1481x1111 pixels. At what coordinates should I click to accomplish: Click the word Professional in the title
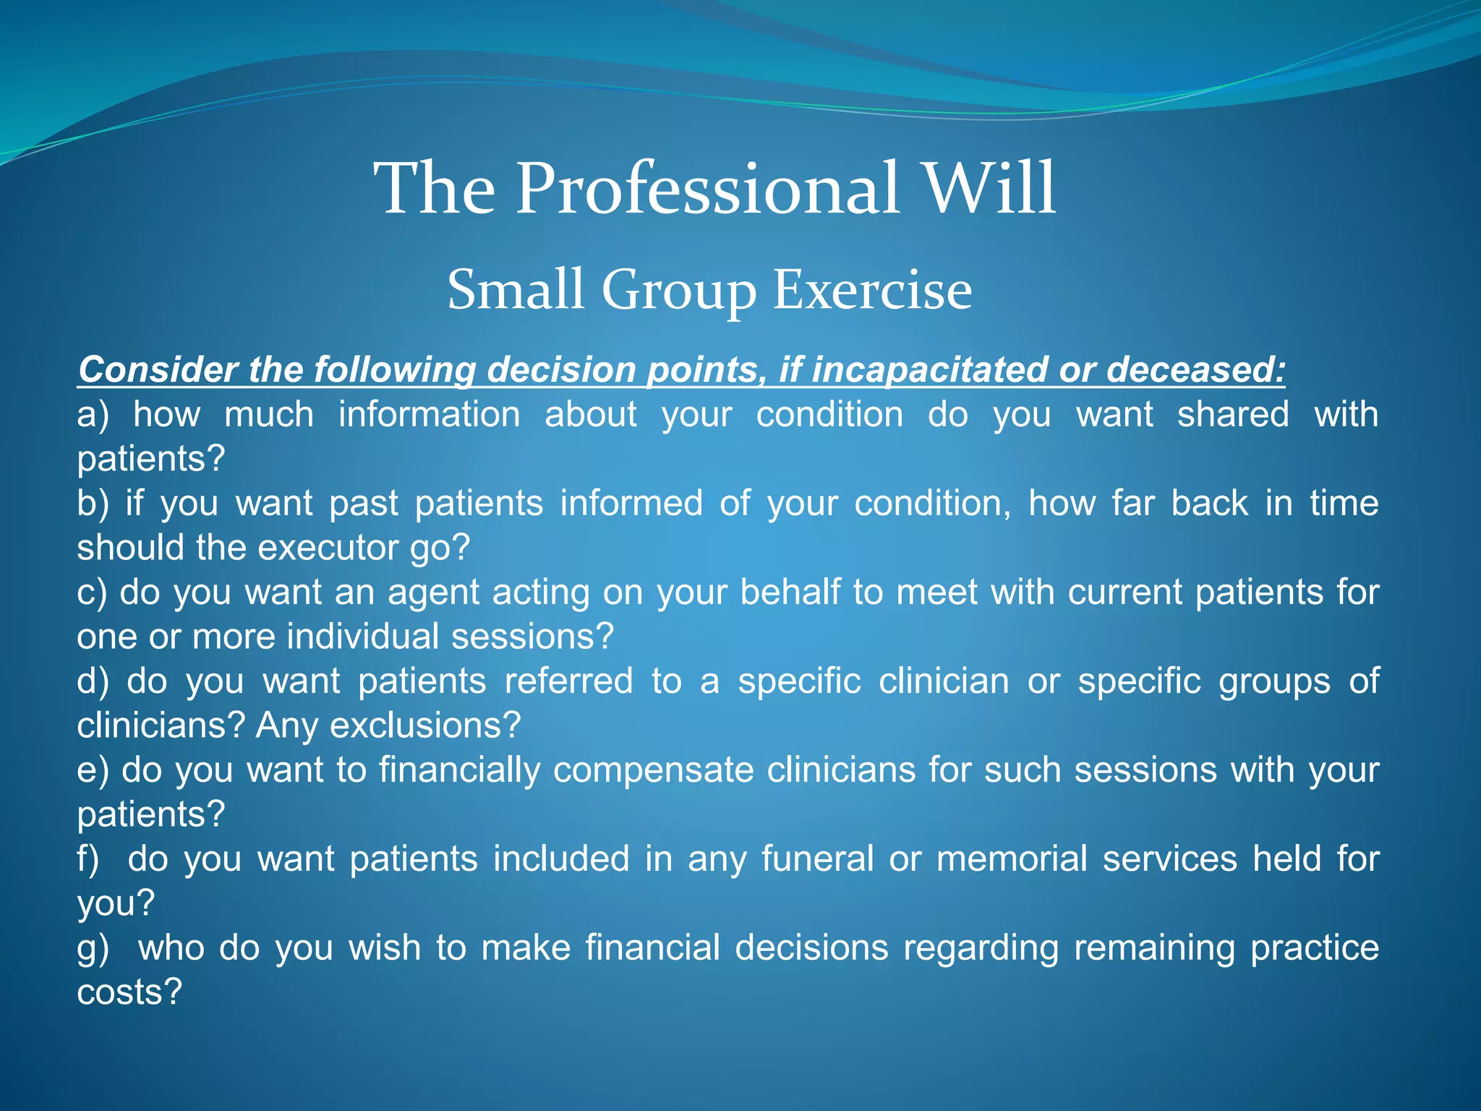coord(707,190)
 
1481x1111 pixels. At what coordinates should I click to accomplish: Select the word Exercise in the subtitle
coord(872,290)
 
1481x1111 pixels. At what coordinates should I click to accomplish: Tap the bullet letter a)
coord(93,415)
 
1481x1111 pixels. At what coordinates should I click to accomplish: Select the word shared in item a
coord(1232,415)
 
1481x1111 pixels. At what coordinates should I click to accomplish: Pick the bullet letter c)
coord(92,592)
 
